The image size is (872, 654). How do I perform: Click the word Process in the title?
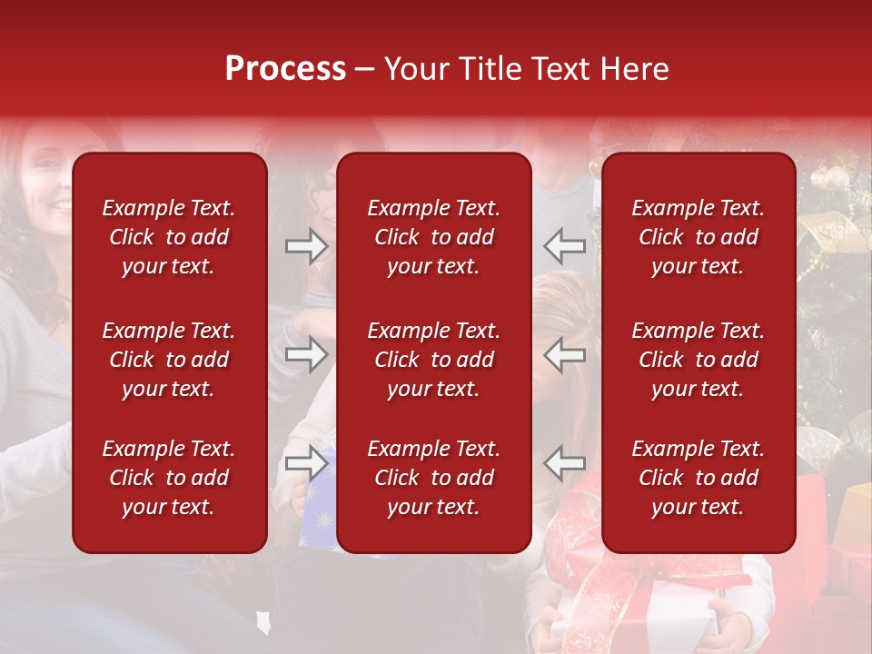pyautogui.click(x=285, y=69)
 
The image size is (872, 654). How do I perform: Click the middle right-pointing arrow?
pyautogui.click(x=307, y=354)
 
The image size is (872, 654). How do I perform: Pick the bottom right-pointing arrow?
pyautogui.click(x=307, y=463)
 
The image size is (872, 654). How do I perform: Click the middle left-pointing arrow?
pyautogui.click(x=564, y=354)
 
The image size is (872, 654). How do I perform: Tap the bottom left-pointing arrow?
pyautogui.click(x=564, y=463)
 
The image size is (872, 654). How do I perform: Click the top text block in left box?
pyautogui.click(x=169, y=237)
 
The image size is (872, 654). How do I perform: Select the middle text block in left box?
pyautogui.click(x=169, y=360)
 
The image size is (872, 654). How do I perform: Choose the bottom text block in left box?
pyautogui.click(x=169, y=478)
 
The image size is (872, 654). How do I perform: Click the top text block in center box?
pyautogui.click(x=433, y=237)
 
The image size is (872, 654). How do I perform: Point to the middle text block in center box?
pyautogui.click(x=433, y=360)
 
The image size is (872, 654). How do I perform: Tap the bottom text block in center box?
pyautogui.click(x=433, y=478)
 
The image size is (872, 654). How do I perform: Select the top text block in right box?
pyautogui.click(x=698, y=237)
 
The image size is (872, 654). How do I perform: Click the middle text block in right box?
pyautogui.click(x=698, y=360)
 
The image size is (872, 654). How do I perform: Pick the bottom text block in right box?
pyautogui.click(x=698, y=478)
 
